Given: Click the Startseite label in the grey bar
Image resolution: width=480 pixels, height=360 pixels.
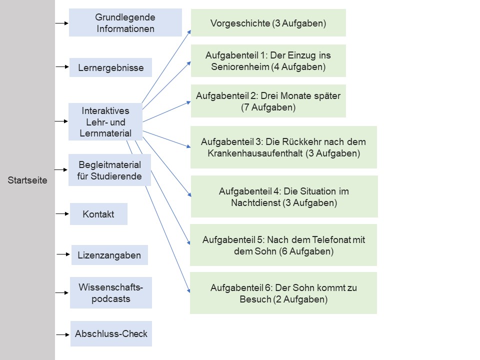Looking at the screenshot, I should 27,180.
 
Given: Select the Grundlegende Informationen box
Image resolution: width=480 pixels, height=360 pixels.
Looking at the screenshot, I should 125,23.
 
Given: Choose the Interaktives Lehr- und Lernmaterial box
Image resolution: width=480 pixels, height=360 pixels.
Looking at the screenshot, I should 105,121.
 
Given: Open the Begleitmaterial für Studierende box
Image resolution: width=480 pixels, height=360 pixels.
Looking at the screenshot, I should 109,170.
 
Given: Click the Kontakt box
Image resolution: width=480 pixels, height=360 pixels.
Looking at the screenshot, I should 98,214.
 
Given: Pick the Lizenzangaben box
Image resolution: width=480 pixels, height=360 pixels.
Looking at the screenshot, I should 109,255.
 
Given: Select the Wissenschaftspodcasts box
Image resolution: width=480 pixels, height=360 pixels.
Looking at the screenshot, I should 111,293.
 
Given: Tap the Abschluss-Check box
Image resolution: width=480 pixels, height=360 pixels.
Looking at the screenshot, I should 111,333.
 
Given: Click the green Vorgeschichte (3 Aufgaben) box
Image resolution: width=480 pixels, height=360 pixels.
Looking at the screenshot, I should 268,23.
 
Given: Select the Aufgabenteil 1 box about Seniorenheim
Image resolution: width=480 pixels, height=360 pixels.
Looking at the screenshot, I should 268,61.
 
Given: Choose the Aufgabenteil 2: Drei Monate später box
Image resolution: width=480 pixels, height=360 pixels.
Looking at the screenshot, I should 268,100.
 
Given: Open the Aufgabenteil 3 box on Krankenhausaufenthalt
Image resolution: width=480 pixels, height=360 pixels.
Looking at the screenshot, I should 283,147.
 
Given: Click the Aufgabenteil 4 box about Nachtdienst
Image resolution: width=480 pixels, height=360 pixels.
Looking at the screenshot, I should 284,196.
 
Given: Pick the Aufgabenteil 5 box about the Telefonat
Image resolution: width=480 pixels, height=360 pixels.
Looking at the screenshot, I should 283,245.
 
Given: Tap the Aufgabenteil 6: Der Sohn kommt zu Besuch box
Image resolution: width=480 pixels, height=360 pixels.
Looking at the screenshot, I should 283,293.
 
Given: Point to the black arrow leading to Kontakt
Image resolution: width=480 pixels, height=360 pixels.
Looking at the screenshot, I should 62,213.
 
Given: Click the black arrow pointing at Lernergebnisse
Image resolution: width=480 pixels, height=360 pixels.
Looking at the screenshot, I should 61,66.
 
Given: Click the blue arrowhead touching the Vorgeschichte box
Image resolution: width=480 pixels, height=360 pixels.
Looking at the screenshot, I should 188,32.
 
